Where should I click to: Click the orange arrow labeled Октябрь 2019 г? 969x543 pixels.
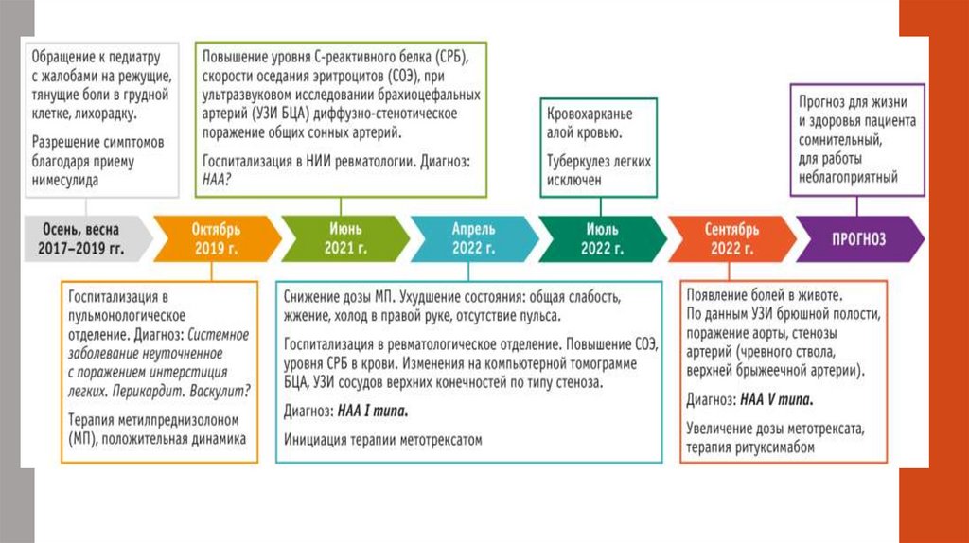[217, 239]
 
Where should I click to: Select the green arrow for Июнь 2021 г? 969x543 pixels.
[344, 239]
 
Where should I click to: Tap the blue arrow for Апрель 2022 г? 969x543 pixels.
[473, 239]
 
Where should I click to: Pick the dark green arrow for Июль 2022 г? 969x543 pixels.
[602, 239]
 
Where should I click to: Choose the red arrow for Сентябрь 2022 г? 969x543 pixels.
[731, 239]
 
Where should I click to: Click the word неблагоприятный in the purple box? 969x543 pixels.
[848, 176]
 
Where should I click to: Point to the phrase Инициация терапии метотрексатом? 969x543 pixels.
[383, 440]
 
